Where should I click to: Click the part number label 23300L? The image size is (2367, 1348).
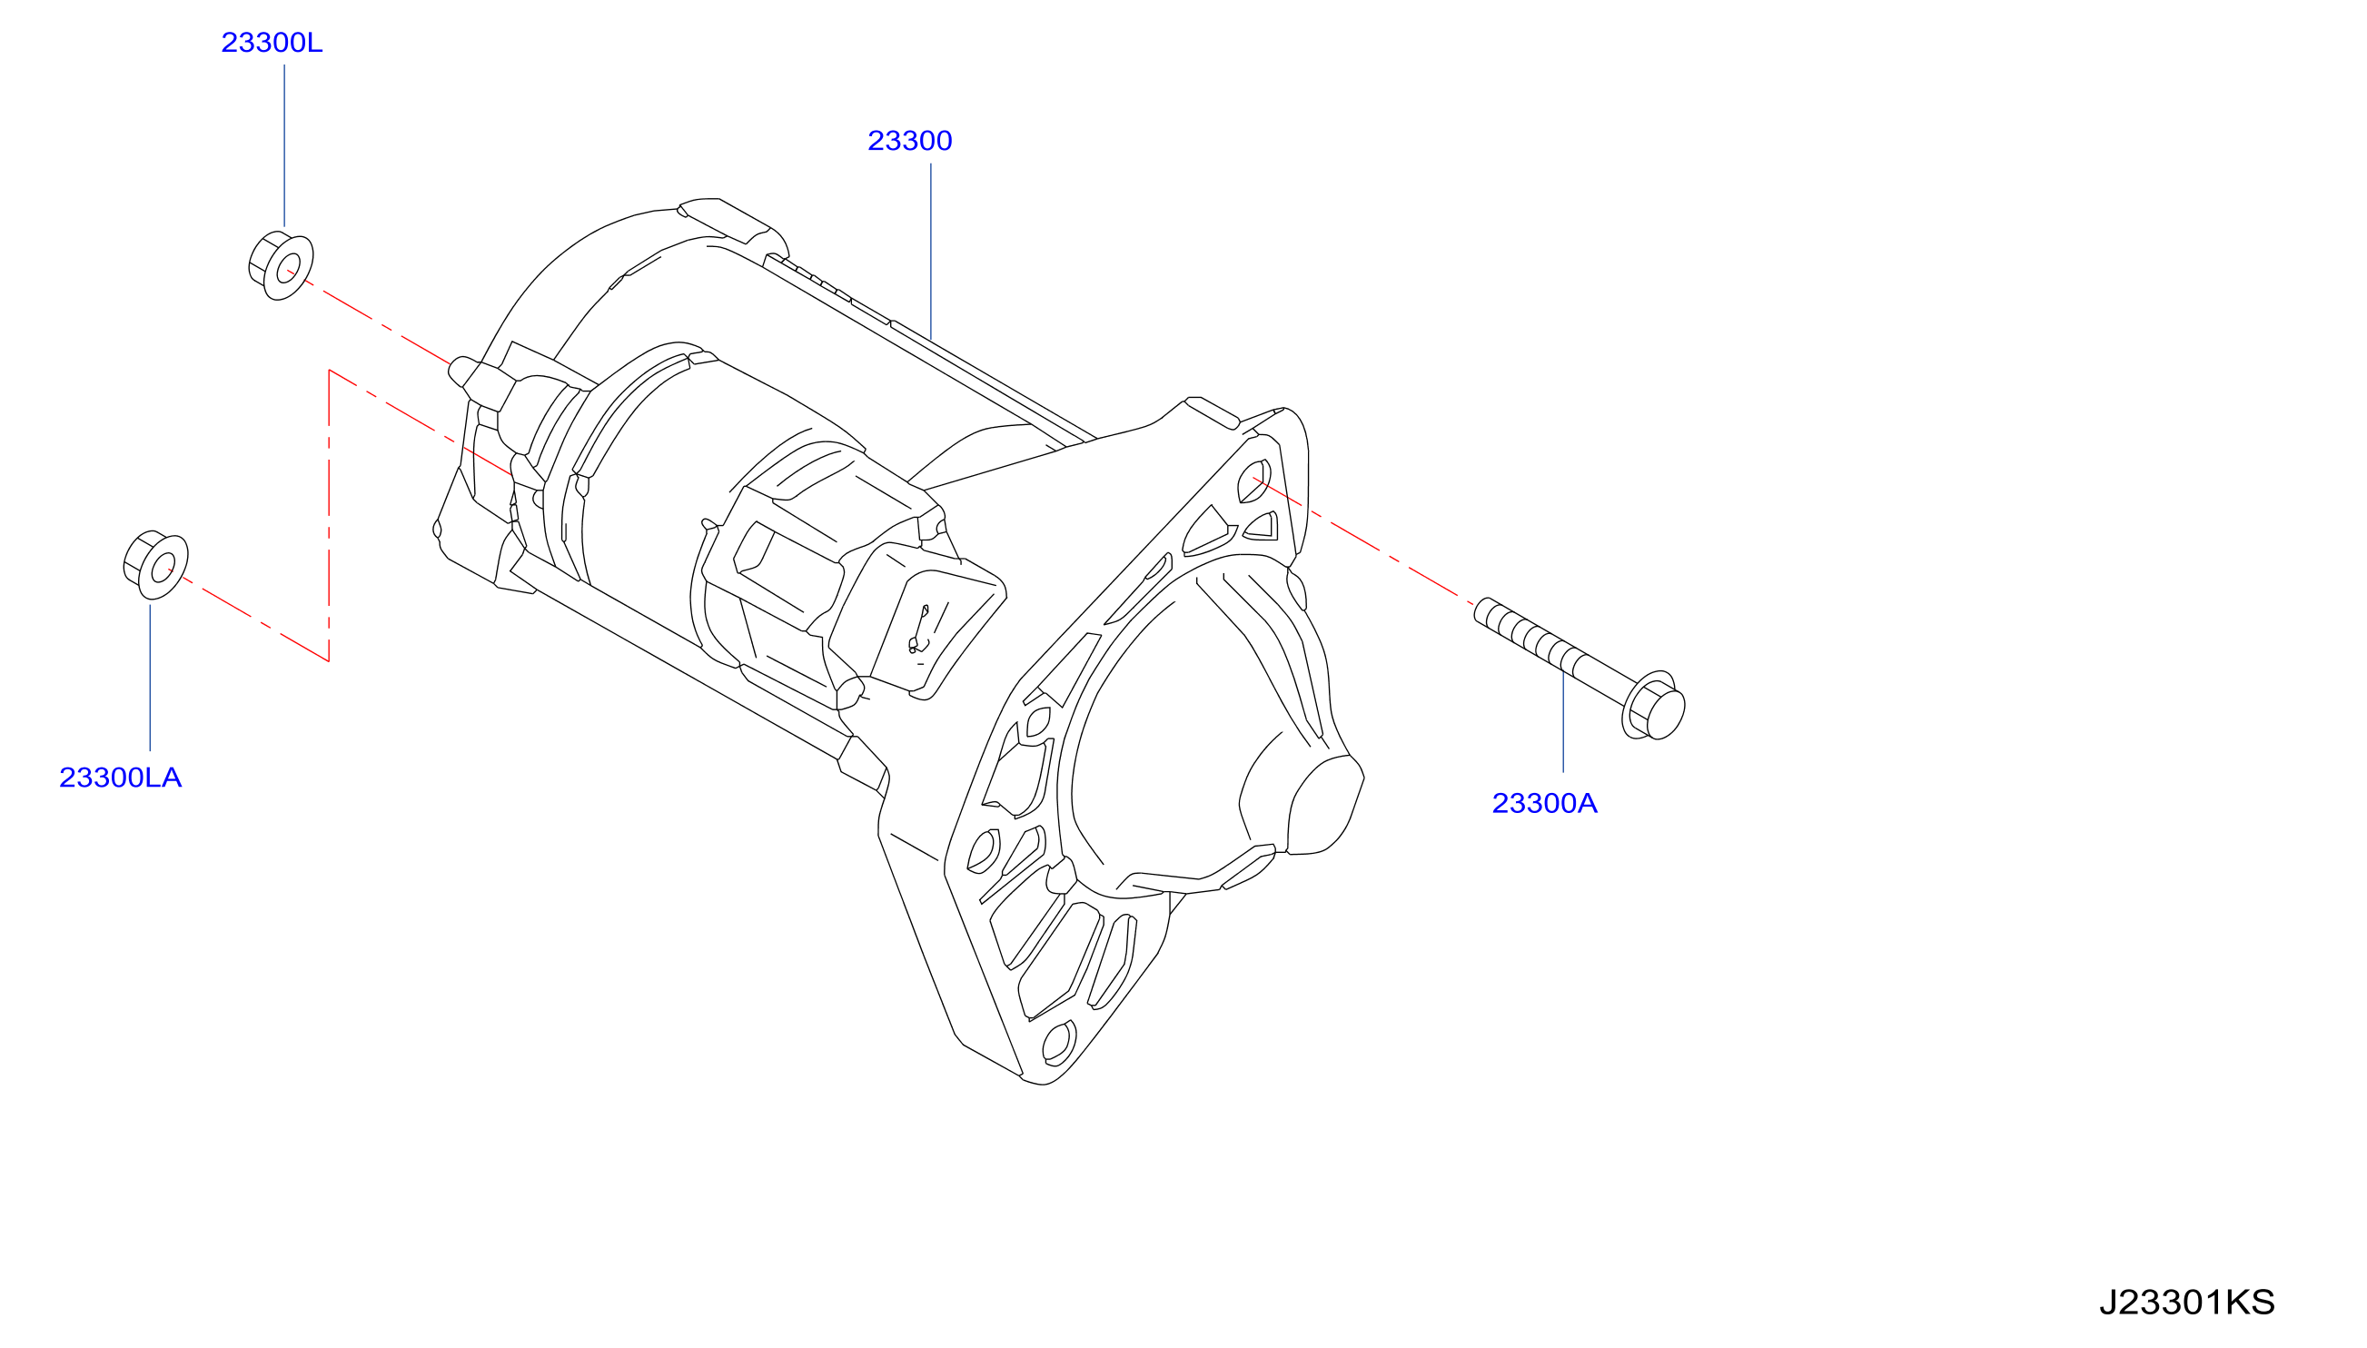pyautogui.click(x=272, y=43)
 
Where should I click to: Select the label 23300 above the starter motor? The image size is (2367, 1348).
pyautogui.click(x=909, y=141)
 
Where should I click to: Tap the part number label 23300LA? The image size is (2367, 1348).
pyautogui.click(x=120, y=778)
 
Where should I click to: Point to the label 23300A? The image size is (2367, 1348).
pyautogui.click(x=1544, y=804)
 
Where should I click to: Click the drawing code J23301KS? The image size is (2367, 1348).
pyautogui.click(x=2186, y=1303)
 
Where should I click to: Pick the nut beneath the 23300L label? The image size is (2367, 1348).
pyautogui.click(x=282, y=266)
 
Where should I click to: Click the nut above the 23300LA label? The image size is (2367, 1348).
pyautogui.click(x=155, y=565)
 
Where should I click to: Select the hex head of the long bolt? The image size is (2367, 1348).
pyautogui.click(x=1653, y=706)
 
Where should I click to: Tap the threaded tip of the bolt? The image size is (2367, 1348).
pyautogui.click(x=1483, y=611)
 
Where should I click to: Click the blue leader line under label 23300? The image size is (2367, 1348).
pyautogui.click(x=930, y=251)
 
